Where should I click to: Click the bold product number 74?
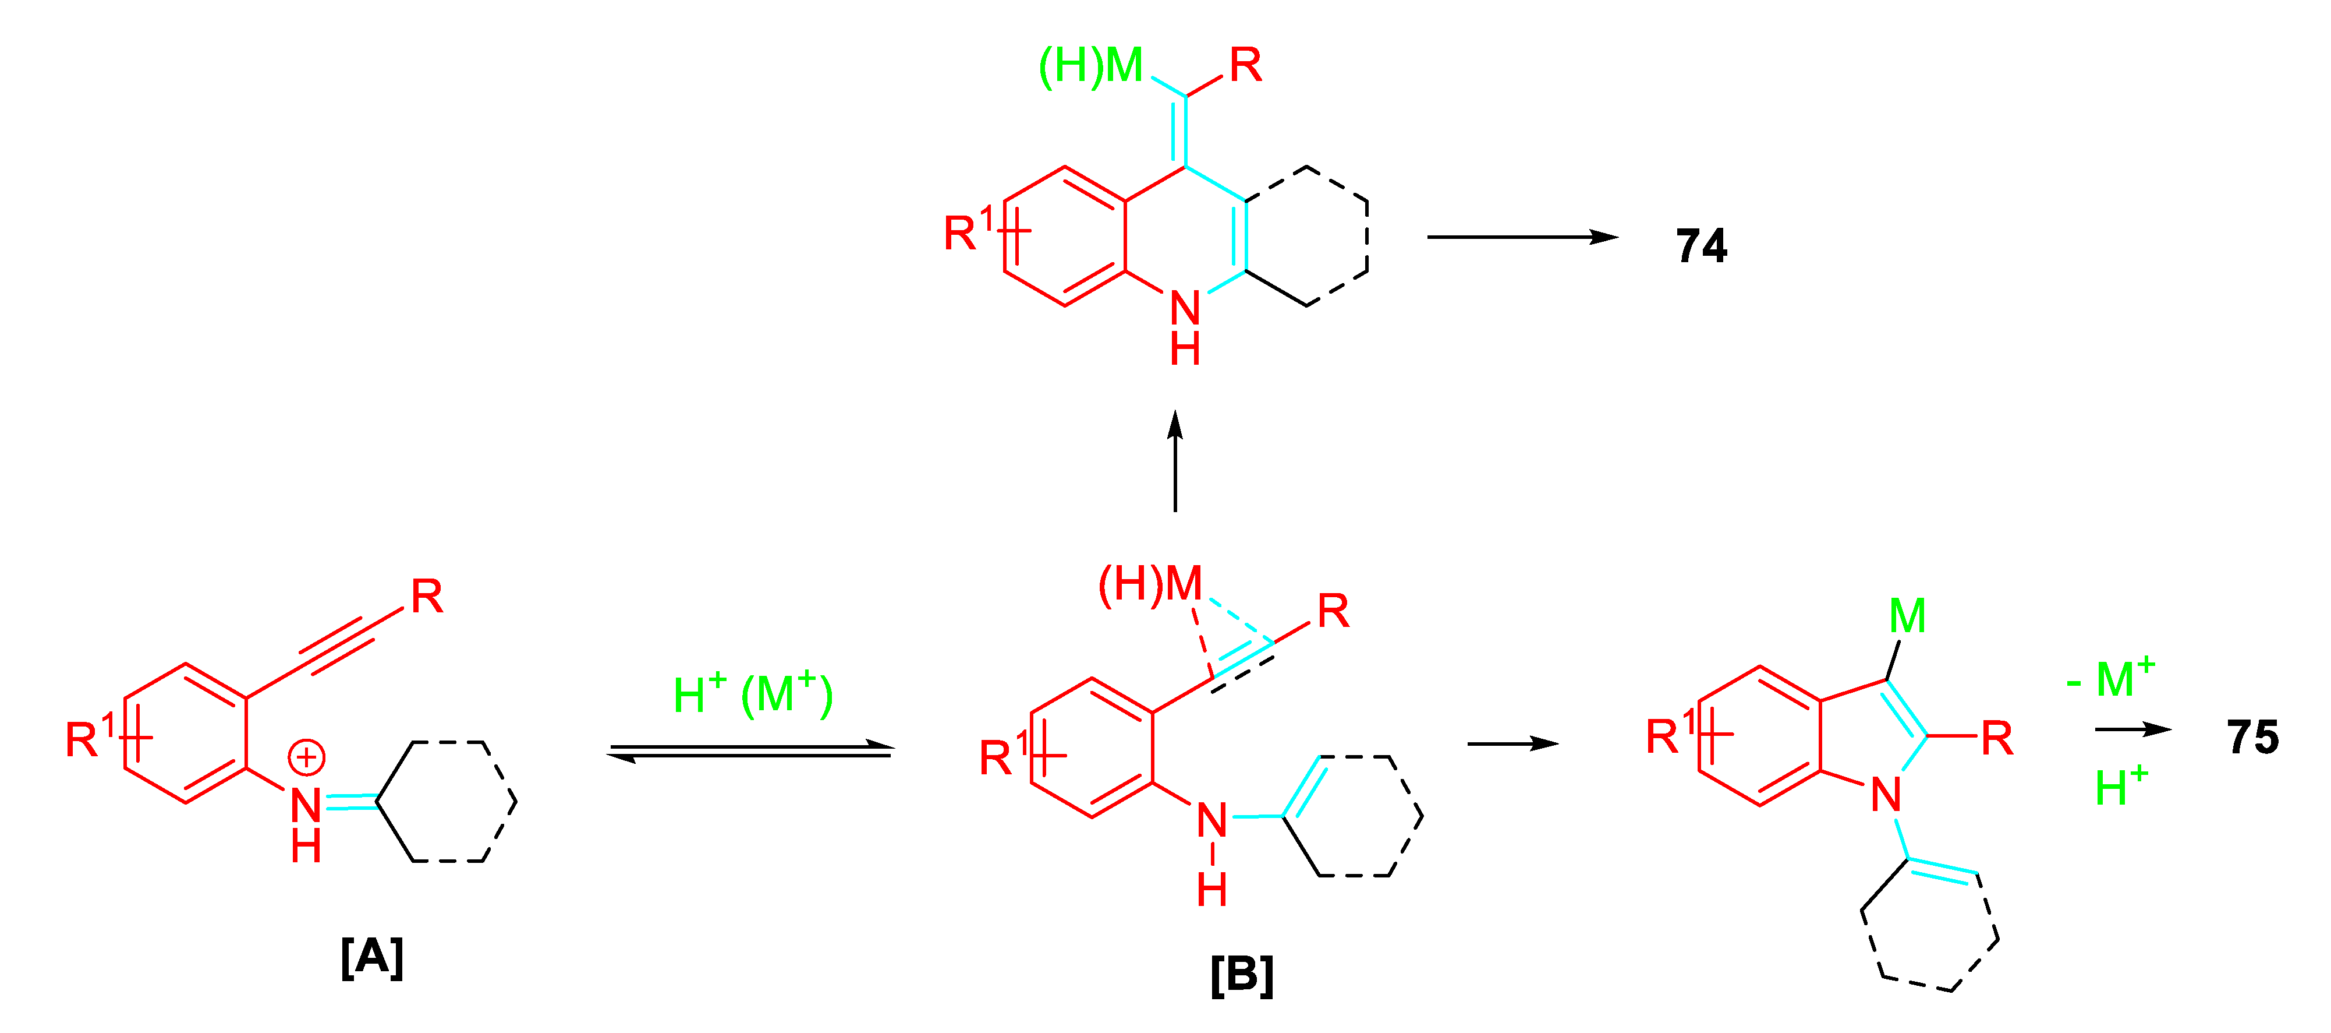click(x=1701, y=246)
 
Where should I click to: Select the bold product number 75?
click(x=2252, y=738)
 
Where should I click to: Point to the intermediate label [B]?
click(x=1242, y=975)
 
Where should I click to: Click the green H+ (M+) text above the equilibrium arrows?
click(x=753, y=695)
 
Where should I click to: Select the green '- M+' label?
click(x=2110, y=679)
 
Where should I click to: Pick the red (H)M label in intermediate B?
click(x=1149, y=584)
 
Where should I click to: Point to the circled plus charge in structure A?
click(x=307, y=757)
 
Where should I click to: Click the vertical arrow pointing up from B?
click(x=1175, y=461)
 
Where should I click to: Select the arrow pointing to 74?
click(x=1522, y=237)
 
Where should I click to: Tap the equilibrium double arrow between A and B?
click(x=750, y=752)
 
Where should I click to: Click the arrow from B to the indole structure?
click(x=1512, y=744)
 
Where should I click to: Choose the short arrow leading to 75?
click(x=2133, y=729)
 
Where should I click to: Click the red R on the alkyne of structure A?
click(x=427, y=597)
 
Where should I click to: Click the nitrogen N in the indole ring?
click(x=1886, y=795)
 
